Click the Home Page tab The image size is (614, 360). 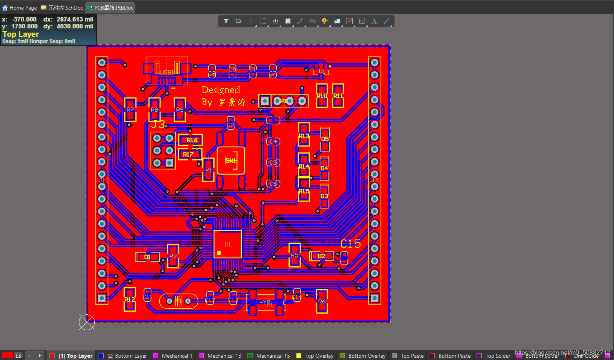tap(20, 8)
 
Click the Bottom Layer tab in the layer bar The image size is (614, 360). tap(127, 356)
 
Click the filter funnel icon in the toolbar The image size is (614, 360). tap(226, 21)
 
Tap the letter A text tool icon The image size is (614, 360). tap(374, 21)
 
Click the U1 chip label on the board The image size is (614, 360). tap(228, 244)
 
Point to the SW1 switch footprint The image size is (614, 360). tap(231, 160)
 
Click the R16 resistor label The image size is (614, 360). tap(192, 140)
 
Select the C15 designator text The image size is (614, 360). tap(350, 244)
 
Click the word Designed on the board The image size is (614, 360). tap(221, 90)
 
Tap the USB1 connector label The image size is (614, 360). tap(167, 73)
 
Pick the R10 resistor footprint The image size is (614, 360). tap(322, 96)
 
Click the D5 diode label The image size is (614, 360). tap(325, 139)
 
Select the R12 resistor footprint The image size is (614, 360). tap(130, 299)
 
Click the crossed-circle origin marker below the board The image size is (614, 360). tap(87, 322)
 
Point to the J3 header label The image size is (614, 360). tap(158, 124)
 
